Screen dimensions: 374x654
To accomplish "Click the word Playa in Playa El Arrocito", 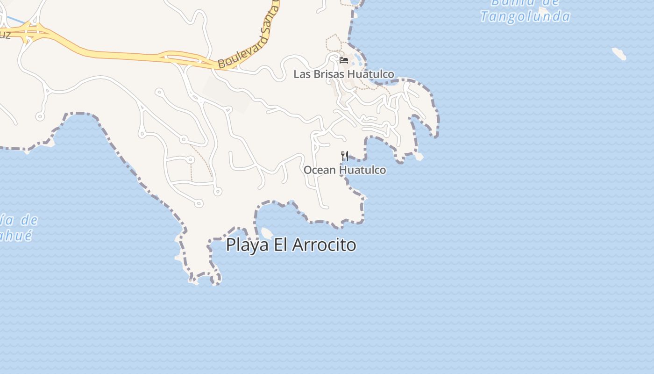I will pyautogui.click(x=247, y=245).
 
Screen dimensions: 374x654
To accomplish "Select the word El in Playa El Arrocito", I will pyautogui.click(x=280, y=245).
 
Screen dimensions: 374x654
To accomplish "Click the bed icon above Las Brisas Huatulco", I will pyautogui.click(x=344, y=60).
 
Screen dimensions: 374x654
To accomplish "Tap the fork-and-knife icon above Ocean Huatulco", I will pyautogui.click(x=345, y=156).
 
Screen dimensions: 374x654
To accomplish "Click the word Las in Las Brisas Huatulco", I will pyautogui.click(x=301, y=74).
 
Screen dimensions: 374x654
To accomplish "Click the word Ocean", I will pyautogui.click(x=320, y=170).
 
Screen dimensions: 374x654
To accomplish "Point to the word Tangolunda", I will pyautogui.click(x=525, y=17).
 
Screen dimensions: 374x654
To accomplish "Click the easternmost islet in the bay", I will pyautogui.click(x=619, y=54).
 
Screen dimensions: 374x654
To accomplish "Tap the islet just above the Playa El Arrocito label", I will pyautogui.click(x=267, y=232).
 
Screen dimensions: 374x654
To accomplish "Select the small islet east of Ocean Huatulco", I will pyautogui.click(x=419, y=157).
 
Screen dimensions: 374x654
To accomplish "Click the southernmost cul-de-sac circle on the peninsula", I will pyautogui.click(x=199, y=203).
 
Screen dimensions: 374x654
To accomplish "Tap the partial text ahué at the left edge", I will pyautogui.click(x=16, y=235).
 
